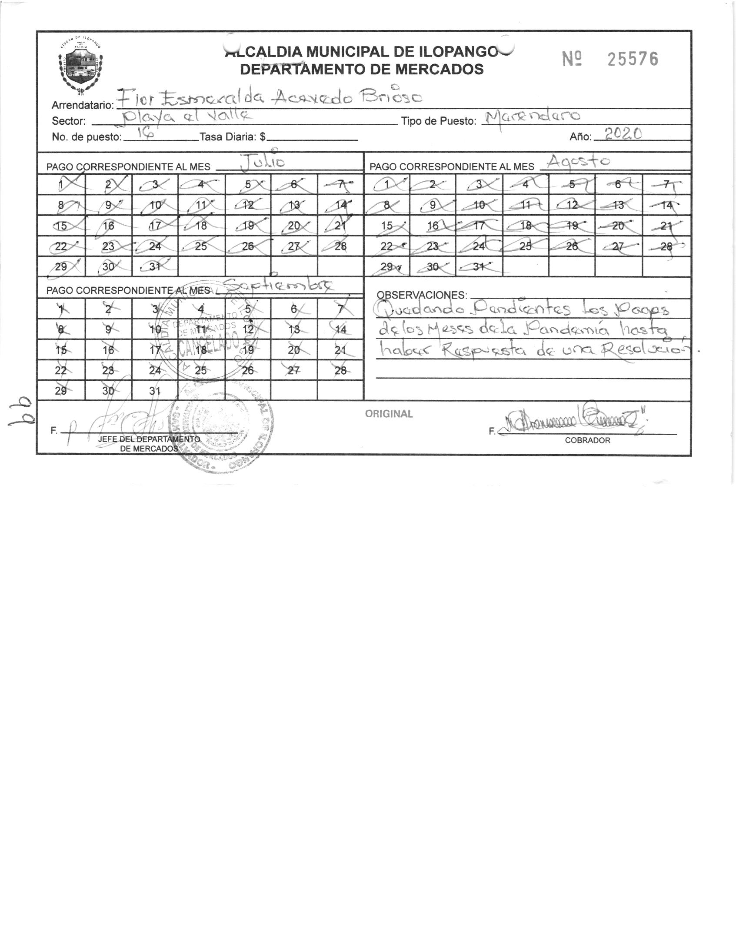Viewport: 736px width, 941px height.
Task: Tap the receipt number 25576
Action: click(633, 60)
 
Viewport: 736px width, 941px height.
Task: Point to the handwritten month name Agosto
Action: click(578, 161)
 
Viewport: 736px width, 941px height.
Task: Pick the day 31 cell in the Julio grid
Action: click(154, 266)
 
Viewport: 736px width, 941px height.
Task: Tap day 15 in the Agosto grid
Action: click(387, 226)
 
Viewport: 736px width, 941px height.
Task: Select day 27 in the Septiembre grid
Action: click(294, 370)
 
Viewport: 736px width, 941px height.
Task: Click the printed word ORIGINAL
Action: click(389, 414)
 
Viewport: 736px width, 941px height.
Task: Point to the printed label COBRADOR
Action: click(587, 440)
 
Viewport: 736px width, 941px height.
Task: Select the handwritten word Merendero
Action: click(533, 116)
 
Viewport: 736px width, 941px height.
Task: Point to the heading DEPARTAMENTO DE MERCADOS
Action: click(362, 69)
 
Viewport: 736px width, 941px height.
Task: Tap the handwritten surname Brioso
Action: click(390, 97)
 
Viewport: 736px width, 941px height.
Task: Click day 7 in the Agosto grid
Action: click(666, 184)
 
